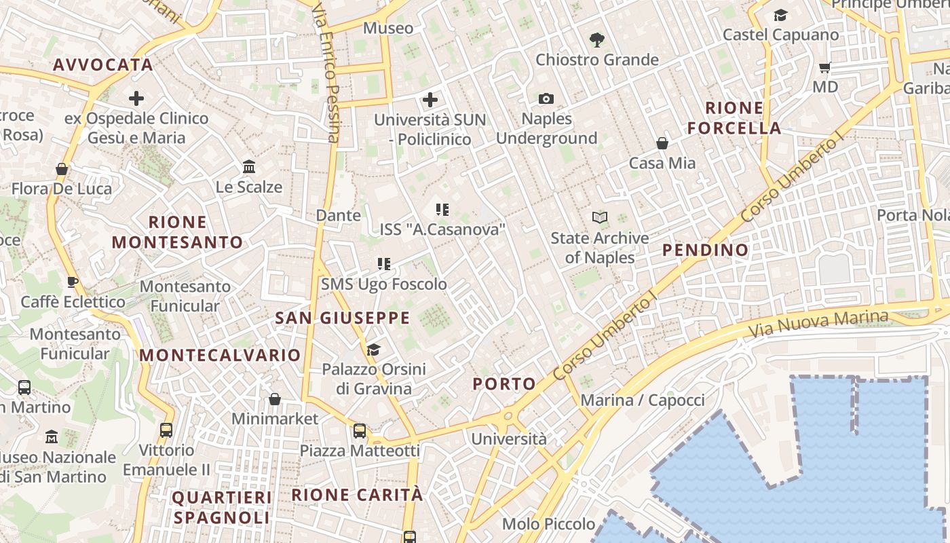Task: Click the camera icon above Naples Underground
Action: point(546,99)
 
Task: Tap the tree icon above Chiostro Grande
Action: point(597,39)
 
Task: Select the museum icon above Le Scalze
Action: point(249,166)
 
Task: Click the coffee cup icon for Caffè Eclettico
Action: point(73,282)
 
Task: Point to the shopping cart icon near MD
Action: point(825,67)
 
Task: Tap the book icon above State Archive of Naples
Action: point(599,217)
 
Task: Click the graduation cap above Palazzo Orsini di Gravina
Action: point(373,350)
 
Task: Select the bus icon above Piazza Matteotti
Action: point(360,430)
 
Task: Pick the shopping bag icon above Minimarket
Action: point(275,399)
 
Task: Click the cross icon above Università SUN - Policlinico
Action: point(430,100)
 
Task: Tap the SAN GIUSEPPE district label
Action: point(342,318)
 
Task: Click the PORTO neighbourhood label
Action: point(504,383)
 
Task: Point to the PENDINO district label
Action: point(706,250)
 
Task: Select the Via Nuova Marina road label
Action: point(818,324)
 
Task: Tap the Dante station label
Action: point(339,215)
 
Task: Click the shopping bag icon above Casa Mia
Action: point(662,143)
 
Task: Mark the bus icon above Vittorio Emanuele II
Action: point(166,430)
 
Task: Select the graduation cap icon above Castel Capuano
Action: point(781,15)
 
